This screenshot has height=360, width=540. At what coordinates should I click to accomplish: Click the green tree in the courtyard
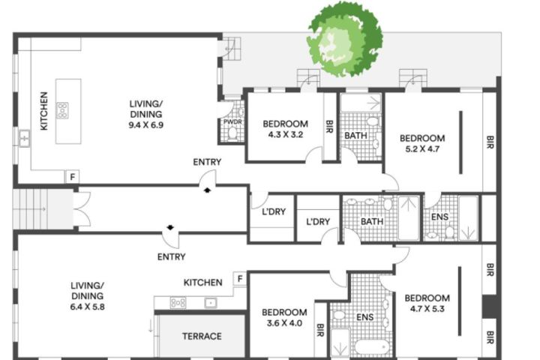(344, 40)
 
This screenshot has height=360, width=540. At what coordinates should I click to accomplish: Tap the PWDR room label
(232, 121)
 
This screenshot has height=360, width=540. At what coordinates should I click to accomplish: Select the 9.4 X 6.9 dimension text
(146, 125)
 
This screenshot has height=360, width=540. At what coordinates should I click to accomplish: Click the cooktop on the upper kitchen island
(63, 110)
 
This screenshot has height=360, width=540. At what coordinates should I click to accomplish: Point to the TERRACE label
(202, 336)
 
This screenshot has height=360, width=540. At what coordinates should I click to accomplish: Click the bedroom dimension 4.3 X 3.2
(286, 135)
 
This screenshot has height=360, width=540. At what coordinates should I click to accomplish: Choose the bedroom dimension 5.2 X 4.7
(422, 149)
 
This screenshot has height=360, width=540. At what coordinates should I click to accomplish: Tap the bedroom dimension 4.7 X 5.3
(427, 309)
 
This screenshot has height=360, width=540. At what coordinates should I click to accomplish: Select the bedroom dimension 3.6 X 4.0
(284, 323)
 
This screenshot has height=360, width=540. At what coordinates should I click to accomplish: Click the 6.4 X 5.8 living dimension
(88, 307)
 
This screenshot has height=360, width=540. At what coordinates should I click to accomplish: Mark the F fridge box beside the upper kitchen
(72, 177)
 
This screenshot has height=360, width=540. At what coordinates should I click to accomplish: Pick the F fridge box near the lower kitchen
(240, 279)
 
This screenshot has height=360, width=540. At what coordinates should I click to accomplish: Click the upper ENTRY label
(207, 162)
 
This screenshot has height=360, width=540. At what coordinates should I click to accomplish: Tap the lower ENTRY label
(172, 256)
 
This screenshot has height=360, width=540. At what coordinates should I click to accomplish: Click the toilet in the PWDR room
(232, 133)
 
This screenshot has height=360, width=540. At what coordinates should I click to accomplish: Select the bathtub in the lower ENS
(372, 347)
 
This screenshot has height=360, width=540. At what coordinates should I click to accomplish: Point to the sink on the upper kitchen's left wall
(24, 138)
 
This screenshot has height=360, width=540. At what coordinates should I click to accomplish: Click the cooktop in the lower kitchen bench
(178, 303)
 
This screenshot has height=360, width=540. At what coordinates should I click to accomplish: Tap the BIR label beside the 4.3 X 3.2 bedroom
(329, 127)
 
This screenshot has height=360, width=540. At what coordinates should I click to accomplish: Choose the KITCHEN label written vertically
(43, 111)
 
